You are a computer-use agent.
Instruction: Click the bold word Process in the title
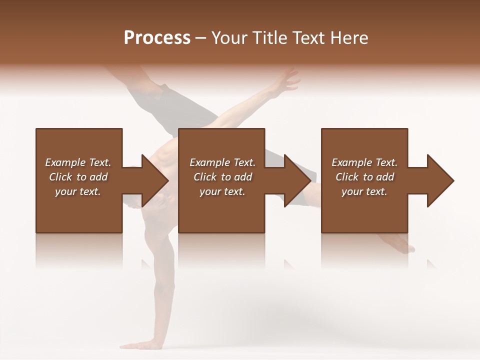(x=157, y=38)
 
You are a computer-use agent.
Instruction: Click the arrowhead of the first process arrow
(x=155, y=180)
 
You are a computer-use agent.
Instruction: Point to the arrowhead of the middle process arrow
(x=297, y=180)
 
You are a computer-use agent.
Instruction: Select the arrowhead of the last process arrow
(x=440, y=180)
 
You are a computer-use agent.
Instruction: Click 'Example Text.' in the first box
(x=78, y=162)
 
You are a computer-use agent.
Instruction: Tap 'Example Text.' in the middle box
(x=222, y=162)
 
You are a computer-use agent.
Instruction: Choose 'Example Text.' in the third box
(x=364, y=162)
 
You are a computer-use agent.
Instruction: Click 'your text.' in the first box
(x=78, y=191)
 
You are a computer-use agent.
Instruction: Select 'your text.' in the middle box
(x=222, y=191)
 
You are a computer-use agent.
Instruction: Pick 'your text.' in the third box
(x=364, y=191)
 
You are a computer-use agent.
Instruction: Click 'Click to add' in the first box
(x=78, y=177)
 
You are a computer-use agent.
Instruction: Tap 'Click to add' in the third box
(x=364, y=177)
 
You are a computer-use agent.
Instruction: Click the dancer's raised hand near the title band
(x=287, y=80)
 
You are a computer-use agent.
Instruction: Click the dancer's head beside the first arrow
(x=155, y=200)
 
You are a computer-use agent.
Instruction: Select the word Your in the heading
(x=229, y=38)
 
